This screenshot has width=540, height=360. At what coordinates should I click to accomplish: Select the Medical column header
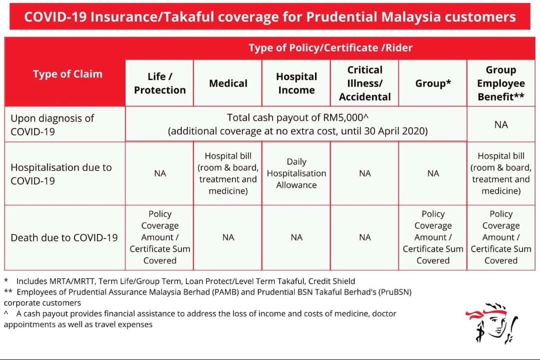pos(228,83)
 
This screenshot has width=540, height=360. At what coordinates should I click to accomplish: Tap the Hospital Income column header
pos(296,83)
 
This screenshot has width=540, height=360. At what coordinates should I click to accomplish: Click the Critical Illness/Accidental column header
pos(364,83)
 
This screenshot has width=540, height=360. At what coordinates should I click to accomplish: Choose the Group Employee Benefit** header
pos(500,83)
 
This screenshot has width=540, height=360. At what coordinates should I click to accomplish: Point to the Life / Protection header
pos(160,83)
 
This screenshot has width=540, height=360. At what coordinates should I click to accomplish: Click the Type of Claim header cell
pos(67,74)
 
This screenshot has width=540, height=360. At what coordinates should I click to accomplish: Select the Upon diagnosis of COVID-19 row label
pos(52,124)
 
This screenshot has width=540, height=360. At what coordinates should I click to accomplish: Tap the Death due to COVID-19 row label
pos(64,237)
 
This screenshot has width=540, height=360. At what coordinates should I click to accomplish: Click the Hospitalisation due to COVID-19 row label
pos(61,174)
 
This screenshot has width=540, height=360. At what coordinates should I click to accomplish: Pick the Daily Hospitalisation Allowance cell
pos(296,173)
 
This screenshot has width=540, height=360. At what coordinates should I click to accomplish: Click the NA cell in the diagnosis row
pos(501,124)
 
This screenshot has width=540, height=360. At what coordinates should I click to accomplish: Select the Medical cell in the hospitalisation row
pos(228,173)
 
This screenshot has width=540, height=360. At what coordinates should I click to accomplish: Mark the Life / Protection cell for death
pos(160,237)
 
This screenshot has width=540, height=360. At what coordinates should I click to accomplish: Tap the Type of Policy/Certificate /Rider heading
pos(330,48)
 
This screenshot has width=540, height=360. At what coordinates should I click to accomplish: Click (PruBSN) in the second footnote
pos(395,292)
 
